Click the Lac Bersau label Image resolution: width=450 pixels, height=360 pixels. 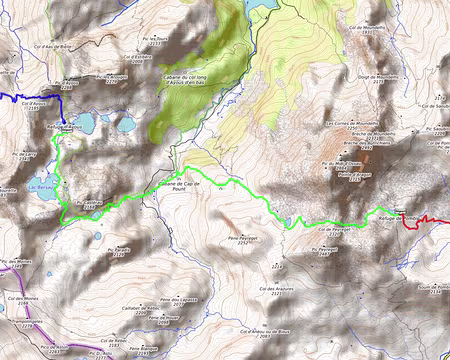click(39, 187)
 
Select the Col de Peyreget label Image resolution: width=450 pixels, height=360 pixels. click(332, 229)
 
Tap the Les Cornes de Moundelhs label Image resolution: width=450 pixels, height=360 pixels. click(350, 126)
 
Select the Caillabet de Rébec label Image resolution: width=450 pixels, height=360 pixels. click(134, 310)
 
